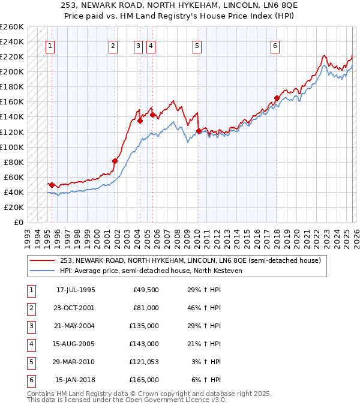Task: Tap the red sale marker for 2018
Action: [277, 98]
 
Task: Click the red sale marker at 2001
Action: [115, 161]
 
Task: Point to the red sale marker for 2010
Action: [199, 131]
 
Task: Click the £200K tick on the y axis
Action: [12, 71]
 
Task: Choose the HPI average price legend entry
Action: [150, 271]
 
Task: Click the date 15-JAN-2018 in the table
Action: [75, 380]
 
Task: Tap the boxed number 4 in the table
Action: [30, 344]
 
